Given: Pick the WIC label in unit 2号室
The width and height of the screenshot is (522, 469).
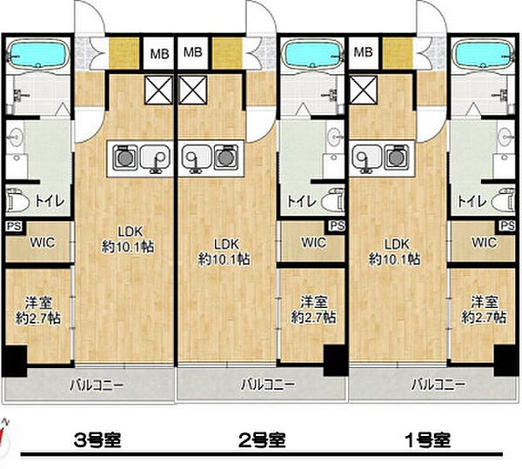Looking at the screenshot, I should click(314, 243).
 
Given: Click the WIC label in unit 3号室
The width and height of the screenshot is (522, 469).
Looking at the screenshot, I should click(42, 243).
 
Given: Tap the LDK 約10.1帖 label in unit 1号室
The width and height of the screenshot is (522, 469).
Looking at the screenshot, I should click(396, 251).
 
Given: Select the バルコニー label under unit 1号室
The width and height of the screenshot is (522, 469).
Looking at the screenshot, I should click(438, 384).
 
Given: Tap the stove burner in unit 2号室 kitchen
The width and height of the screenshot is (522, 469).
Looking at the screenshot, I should click(228, 158).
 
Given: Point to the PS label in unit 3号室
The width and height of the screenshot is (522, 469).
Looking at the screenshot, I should click(13, 226).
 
